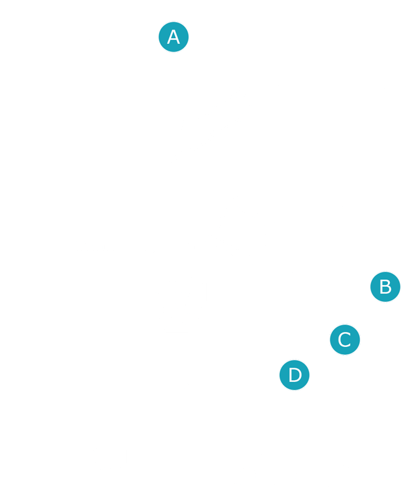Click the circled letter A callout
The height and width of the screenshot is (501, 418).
coord(173,37)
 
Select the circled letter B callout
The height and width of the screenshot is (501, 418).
coord(385,287)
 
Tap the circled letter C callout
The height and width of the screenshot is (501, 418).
coord(345,340)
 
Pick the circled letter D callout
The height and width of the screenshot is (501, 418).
coord(295,375)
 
